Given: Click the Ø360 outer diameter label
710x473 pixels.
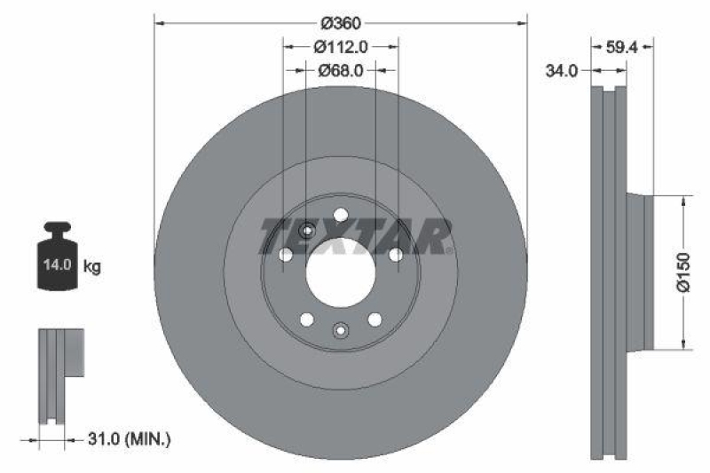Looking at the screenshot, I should [x=341, y=24].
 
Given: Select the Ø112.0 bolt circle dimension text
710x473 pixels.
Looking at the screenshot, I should [x=341, y=48].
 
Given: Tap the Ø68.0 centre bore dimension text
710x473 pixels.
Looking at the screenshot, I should [x=341, y=72].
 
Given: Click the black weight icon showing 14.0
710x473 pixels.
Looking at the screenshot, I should [x=55, y=257].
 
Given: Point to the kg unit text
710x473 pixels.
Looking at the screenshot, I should [x=92, y=265].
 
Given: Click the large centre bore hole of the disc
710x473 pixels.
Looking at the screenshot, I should [x=341, y=272].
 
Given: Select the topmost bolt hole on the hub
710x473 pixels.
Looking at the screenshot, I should [x=341, y=214].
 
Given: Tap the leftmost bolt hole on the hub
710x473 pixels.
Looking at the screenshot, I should [x=285, y=255].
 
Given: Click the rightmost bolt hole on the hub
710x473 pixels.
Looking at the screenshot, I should [x=396, y=255].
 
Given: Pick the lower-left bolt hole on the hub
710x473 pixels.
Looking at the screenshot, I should [x=306, y=319].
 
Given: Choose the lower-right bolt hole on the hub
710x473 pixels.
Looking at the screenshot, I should [x=375, y=319].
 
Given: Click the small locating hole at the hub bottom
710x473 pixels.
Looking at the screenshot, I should [x=341, y=331].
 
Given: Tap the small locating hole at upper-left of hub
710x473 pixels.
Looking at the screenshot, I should [x=306, y=231].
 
